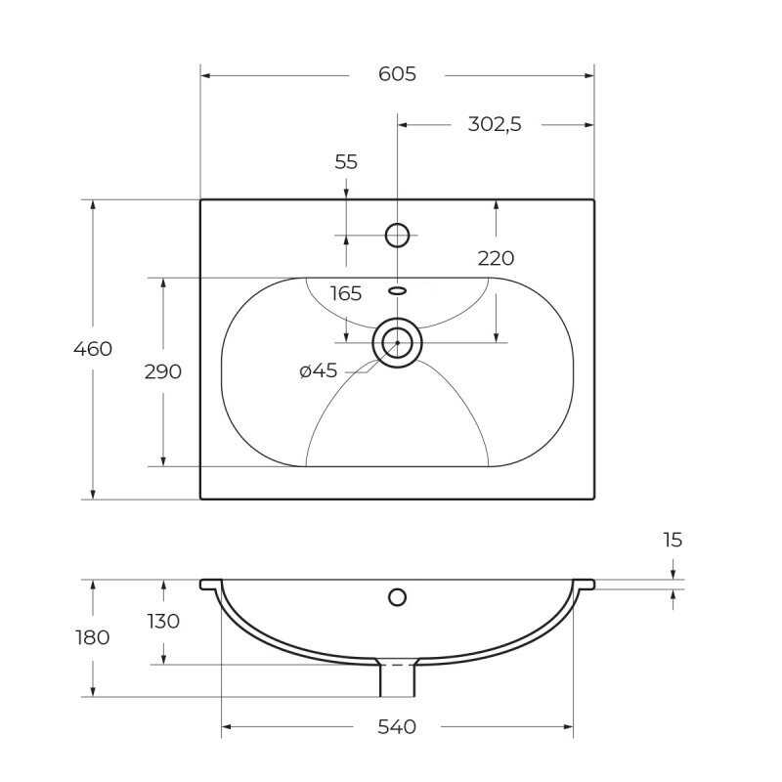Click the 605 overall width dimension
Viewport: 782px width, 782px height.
pyautogui.click(x=397, y=74)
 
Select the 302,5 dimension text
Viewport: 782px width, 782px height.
pyautogui.click(x=495, y=124)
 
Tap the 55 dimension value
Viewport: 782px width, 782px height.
pyautogui.click(x=346, y=162)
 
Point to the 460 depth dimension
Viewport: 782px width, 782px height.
pyautogui.click(x=93, y=349)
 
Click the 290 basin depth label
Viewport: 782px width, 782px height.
pyautogui.click(x=162, y=372)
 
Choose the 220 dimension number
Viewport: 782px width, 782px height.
pyautogui.click(x=496, y=258)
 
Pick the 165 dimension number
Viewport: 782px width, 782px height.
pyautogui.click(x=346, y=294)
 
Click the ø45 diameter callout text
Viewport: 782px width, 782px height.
pyautogui.click(x=319, y=371)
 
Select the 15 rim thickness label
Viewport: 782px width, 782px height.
pyautogui.click(x=673, y=540)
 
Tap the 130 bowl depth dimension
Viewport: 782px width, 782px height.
pyautogui.click(x=163, y=622)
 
